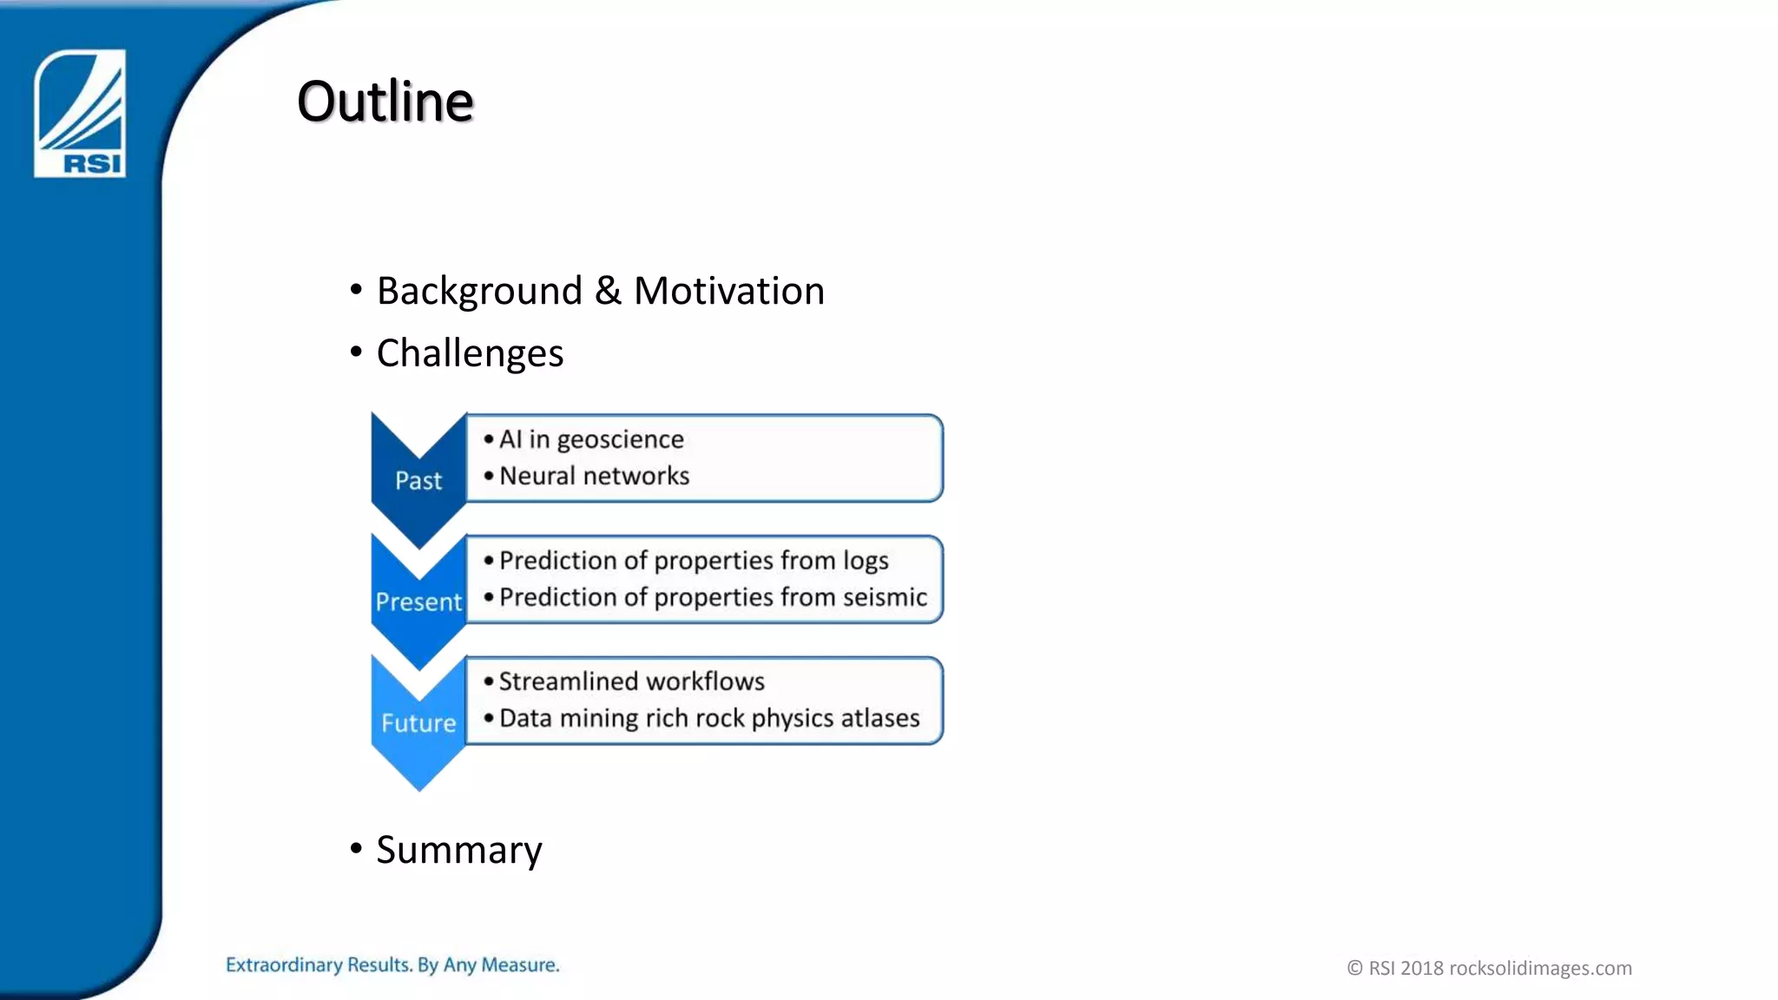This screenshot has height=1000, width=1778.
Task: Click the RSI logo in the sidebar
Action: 80,114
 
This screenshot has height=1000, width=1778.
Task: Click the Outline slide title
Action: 385,102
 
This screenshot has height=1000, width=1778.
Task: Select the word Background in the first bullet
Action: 479,291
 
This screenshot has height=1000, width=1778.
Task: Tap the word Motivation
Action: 729,291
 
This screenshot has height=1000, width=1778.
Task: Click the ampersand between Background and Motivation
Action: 608,291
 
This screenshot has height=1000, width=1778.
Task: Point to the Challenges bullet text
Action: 470,354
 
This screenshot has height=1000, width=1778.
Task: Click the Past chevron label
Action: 418,480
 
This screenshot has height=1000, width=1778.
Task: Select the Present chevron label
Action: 418,602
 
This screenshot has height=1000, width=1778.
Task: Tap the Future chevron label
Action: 418,723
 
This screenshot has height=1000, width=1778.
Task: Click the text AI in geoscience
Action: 591,439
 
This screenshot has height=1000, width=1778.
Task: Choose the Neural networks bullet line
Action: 594,476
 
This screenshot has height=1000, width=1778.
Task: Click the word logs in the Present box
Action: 865,561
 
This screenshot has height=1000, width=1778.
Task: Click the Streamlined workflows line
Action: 631,681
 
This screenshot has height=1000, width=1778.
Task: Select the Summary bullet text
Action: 458,850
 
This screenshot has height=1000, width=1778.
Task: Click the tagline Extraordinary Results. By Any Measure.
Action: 392,965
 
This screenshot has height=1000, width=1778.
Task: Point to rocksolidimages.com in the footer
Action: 1540,968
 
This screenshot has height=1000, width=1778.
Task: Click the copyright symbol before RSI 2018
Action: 1354,968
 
